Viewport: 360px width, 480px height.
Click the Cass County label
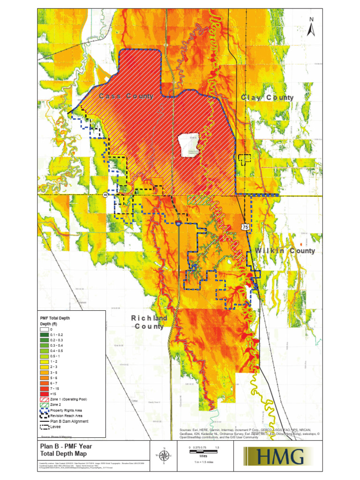pyautogui.click(x=126, y=96)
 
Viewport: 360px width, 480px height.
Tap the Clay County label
pyautogui.click(x=267, y=97)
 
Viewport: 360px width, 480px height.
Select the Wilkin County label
pyautogui.click(x=285, y=251)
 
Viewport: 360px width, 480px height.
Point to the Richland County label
pyautogui.click(x=150, y=322)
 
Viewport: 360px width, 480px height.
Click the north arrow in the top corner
pyautogui.click(x=310, y=27)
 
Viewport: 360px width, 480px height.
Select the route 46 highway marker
pyautogui.click(x=106, y=195)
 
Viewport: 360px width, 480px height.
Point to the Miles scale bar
pyautogui.click(x=203, y=449)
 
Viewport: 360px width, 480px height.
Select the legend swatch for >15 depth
pyautogui.click(x=45, y=395)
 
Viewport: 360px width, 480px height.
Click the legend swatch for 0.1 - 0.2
pyautogui.click(x=45, y=335)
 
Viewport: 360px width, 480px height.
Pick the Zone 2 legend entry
pyautogui.click(x=45, y=405)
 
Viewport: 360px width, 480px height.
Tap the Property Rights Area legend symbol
pyautogui.click(x=45, y=410)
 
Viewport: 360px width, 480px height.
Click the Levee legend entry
pyautogui.click(x=45, y=427)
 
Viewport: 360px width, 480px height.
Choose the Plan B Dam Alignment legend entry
pyautogui.click(x=45, y=421)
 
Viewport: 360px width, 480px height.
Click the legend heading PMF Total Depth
pyautogui.click(x=55, y=318)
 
